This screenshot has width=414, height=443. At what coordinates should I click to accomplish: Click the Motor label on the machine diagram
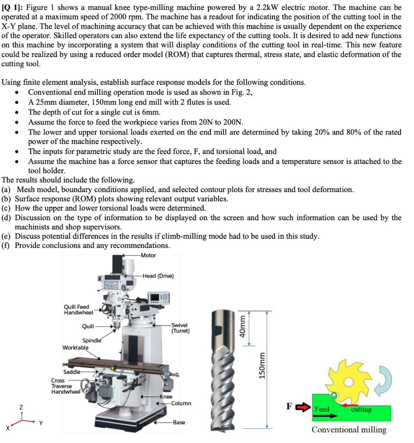(x=148, y=255)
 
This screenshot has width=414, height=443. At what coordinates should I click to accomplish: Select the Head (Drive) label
(x=158, y=276)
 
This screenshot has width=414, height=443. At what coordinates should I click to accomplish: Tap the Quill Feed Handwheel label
(x=78, y=309)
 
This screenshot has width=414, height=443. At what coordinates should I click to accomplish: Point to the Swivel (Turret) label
(x=180, y=328)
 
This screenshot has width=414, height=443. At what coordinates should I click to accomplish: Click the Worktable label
(x=75, y=347)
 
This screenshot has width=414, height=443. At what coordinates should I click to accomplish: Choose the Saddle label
(x=71, y=372)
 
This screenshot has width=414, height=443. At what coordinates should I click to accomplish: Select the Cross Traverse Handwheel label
(x=65, y=386)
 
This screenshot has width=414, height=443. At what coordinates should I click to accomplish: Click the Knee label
(x=166, y=396)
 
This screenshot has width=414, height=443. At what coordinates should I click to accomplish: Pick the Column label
(x=181, y=403)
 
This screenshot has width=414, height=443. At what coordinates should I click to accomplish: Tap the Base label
(x=179, y=422)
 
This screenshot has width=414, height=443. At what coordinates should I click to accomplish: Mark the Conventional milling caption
(x=349, y=430)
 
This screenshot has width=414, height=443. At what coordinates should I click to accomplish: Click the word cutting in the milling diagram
(x=361, y=409)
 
